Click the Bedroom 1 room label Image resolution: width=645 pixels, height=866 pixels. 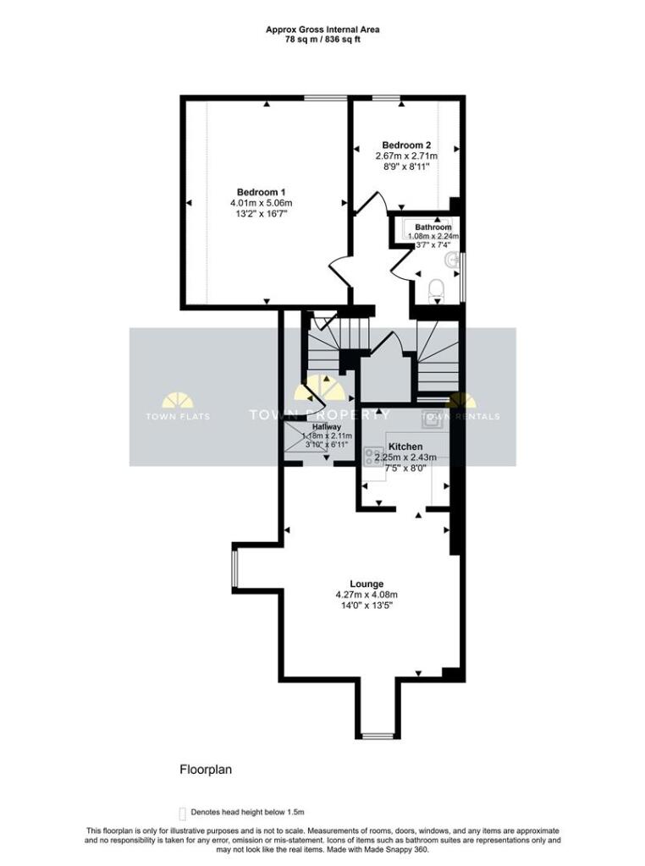(x=261, y=192)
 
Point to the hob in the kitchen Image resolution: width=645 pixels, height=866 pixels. (x=372, y=457)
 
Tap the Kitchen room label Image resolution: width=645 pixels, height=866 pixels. (x=405, y=447)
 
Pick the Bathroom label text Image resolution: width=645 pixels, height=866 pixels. (x=433, y=227)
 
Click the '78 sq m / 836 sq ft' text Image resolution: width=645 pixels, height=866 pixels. (x=322, y=40)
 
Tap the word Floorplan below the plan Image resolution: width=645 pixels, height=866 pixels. (x=205, y=770)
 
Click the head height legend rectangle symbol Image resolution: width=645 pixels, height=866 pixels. (x=182, y=810)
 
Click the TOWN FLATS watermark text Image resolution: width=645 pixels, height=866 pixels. (x=178, y=416)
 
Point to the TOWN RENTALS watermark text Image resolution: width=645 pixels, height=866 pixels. (x=461, y=416)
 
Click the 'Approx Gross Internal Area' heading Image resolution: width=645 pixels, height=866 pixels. (x=322, y=29)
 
